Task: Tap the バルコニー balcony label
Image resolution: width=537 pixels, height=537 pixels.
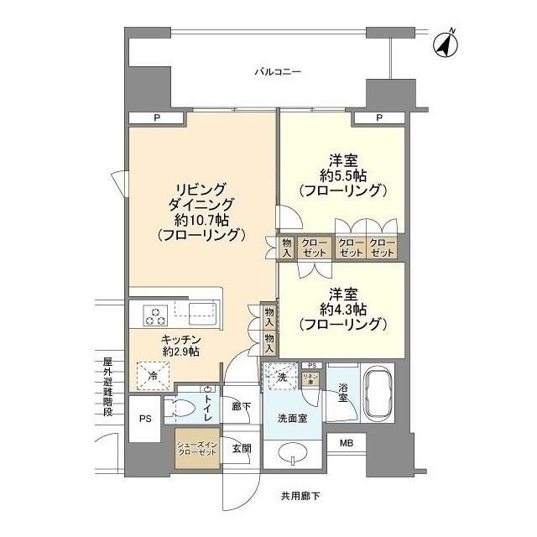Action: (278, 72)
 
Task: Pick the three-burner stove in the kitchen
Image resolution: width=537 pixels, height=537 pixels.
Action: (155, 316)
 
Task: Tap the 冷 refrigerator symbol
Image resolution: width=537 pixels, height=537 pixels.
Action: (153, 375)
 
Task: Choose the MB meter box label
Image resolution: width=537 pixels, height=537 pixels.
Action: (346, 443)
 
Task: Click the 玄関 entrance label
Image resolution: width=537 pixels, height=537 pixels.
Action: (241, 448)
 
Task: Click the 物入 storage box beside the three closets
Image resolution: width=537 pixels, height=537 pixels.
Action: (286, 247)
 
